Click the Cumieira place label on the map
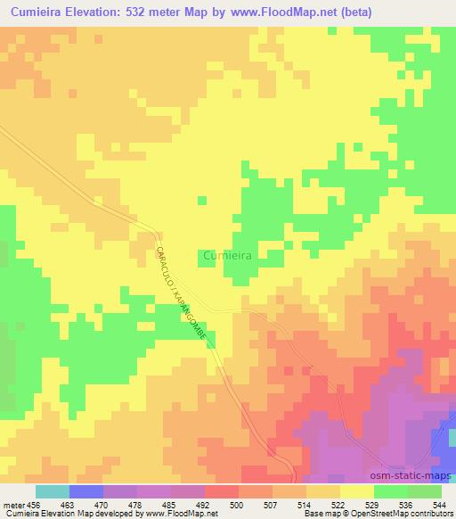pos(227,255)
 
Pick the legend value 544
pos(438,504)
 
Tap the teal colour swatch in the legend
pos(52,491)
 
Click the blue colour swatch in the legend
pos(85,491)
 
